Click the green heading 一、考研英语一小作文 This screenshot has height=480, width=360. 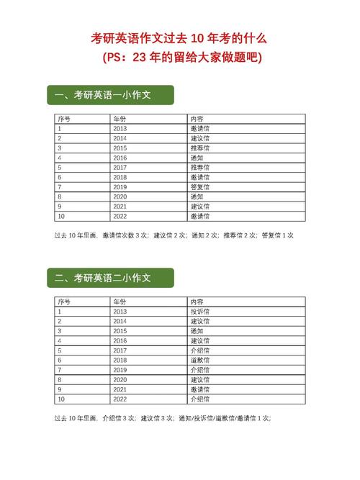pyautogui.click(x=109, y=95)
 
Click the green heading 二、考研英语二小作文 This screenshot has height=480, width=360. pyautogui.click(x=109, y=278)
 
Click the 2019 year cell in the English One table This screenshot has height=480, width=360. pyautogui.click(x=120, y=186)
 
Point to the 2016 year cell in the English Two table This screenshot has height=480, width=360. pyautogui.click(x=120, y=340)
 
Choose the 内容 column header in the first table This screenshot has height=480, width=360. pyautogui.click(x=197, y=119)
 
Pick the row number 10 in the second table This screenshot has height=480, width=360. pyautogui.click(x=61, y=399)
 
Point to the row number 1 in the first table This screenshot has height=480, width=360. pyautogui.click(x=60, y=128)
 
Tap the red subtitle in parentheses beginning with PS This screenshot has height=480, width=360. pyautogui.click(x=180, y=57)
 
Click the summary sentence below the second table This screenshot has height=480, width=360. pyautogui.click(x=163, y=418)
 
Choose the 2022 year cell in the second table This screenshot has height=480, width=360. pyautogui.click(x=120, y=399)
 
